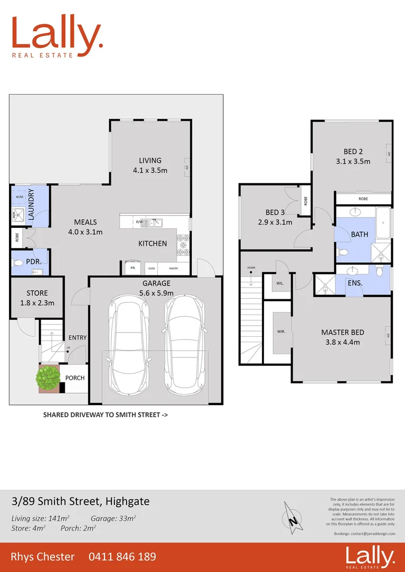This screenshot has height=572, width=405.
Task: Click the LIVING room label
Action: (x=150, y=160)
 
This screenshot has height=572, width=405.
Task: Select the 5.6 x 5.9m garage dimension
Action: (x=155, y=293)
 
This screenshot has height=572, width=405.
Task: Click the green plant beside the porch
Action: (x=48, y=377)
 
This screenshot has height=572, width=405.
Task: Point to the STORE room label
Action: (x=37, y=293)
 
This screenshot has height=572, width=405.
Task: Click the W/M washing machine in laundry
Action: (x=20, y=196)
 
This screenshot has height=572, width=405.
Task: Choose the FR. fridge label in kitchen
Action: (x=132, y=269)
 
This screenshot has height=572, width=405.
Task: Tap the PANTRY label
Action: (x=174, y=269)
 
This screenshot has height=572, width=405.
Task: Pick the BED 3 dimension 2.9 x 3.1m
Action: (x=275, y=222)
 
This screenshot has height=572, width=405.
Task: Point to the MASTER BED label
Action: (x=342, y=332)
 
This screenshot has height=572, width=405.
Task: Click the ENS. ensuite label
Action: (x=355, y=283)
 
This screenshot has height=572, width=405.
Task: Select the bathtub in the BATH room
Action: (x=383, y=223)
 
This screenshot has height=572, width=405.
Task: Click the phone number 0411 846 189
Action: (x=122, y=557)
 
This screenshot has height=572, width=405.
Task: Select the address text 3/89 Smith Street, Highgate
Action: (x=81, y=501)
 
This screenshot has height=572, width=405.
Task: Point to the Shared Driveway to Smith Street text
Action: (x=105, y=415)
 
